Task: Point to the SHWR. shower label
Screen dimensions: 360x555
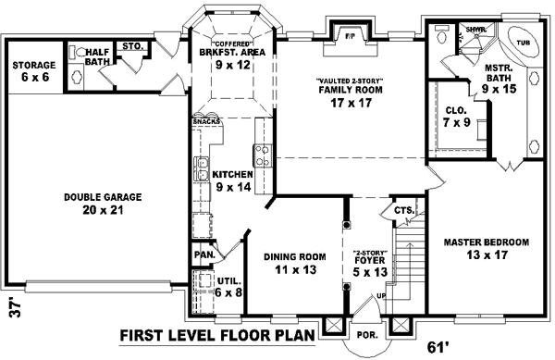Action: (475, 31)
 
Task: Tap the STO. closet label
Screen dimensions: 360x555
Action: (131, 44)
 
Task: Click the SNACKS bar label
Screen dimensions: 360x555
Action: (205, 121)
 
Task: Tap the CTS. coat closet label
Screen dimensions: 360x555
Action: (403, 210)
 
